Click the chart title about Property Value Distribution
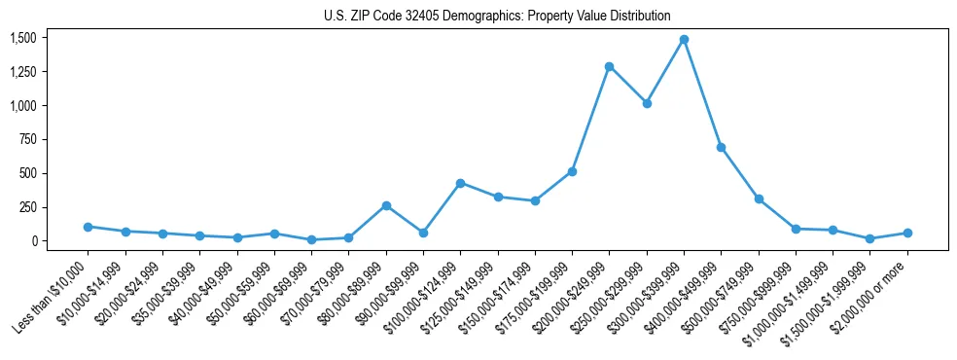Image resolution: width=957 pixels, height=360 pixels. [x=497, y=16]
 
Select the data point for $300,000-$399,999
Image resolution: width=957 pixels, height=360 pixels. [x=684, y=40]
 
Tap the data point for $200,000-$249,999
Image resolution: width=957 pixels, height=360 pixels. [x=610, y=67]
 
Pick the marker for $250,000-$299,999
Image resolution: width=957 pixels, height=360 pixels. [x=647, y=103]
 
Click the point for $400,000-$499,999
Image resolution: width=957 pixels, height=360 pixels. [x=721, y=147]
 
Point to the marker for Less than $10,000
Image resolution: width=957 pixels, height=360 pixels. [x=88, y=227]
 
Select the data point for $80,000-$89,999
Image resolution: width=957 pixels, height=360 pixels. [x=386, y=205]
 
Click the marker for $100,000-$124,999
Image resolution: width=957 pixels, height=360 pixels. [x=460, y=183]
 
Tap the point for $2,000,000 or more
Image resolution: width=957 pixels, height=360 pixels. [x=907, y=233]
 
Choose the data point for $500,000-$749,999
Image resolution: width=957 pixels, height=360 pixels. [x=759, y=198]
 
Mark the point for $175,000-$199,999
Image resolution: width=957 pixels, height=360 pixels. [x=572, y=171]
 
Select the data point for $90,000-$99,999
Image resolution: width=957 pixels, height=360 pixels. [x=423, y=233]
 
